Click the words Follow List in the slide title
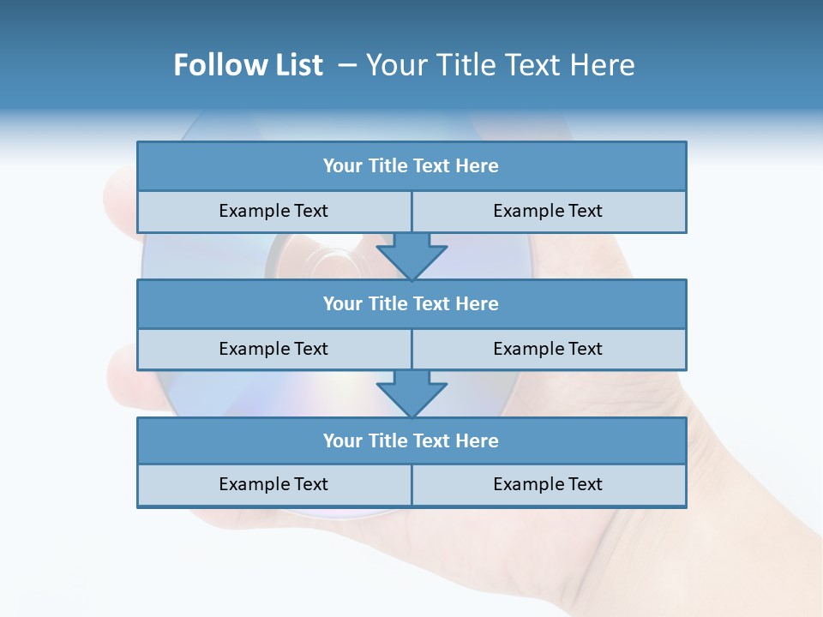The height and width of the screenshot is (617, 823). click(x=248, y=66)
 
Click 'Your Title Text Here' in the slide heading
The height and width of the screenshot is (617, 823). click(x=500, y=66)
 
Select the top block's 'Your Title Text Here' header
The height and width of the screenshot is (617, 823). click(x=411, y=166)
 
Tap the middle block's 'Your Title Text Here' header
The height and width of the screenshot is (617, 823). click(x=411, y=304)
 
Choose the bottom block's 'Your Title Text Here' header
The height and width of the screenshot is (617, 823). click(x=411, y=441)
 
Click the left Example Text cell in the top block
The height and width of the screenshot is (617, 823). click(x=273, y=212)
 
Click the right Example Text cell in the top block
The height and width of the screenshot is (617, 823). click(x=548, y=212)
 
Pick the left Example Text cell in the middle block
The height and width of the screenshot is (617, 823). click(x=273, y=350)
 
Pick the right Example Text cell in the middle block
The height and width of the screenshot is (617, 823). click(x=548, y=350)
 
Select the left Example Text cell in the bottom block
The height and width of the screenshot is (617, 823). click(x=273, y=485)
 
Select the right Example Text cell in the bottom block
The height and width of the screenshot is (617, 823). click(x=548, y=485)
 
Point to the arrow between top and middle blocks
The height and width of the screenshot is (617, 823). click(x=411, y=256)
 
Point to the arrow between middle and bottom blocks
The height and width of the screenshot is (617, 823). click(x=411, y=393)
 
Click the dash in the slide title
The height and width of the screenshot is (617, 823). click(x=347, y=66)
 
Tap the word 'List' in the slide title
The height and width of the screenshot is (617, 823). click(x=299, y=66)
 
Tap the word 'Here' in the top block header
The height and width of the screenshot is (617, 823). click(x=478, y=166)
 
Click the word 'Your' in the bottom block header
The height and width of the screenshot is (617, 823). click(x=343, y=441)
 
